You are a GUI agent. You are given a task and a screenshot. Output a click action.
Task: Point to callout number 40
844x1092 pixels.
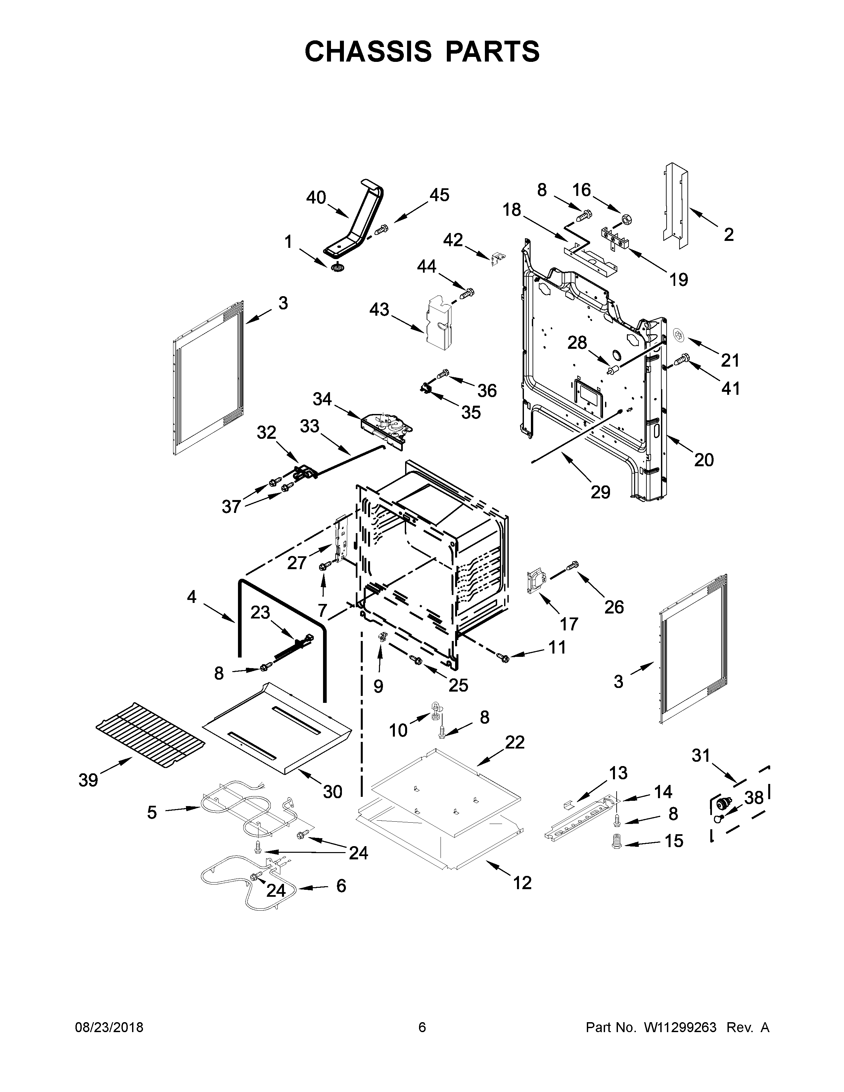tap(316, 198)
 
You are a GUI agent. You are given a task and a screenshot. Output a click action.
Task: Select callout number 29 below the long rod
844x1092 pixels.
tap(600, 492)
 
